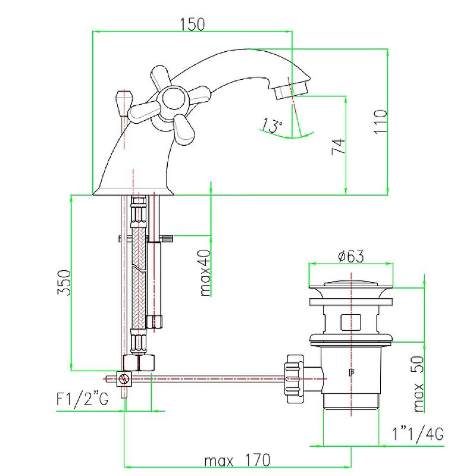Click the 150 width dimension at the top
(192, 24)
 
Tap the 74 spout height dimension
(337, 146)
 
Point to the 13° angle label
(271, 126)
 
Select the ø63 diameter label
(350, 256)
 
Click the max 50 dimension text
(419, 384)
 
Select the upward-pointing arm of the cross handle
(161, 77)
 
